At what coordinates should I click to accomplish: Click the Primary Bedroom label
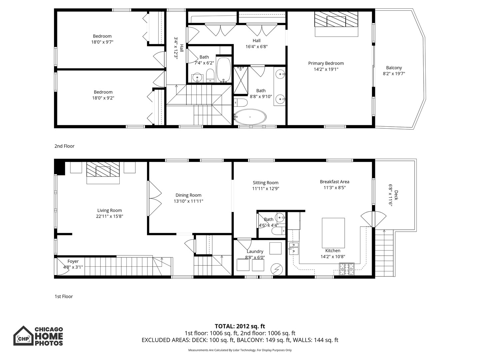tap(326, 63)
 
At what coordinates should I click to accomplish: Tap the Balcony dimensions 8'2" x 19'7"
tap(394, 74)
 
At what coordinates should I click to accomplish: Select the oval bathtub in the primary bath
tap(250, 117)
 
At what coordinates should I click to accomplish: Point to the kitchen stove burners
tap(347, 269)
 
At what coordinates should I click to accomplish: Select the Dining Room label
tap(188, 195)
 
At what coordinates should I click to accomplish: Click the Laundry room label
tap(255, 252)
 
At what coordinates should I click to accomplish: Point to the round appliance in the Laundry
tap(276, 269)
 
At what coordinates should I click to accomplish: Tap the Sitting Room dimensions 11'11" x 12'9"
tap(265, 189)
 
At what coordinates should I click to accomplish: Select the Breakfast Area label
tap(334, 182)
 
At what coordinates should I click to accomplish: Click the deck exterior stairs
tap(384, 253)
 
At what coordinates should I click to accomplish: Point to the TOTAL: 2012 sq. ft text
tap(240, 326)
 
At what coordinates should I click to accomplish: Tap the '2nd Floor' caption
tap(64, 146)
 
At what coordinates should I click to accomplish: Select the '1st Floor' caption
tap(64, 296)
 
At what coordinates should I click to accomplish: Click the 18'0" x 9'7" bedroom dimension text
tap(102, 42)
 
